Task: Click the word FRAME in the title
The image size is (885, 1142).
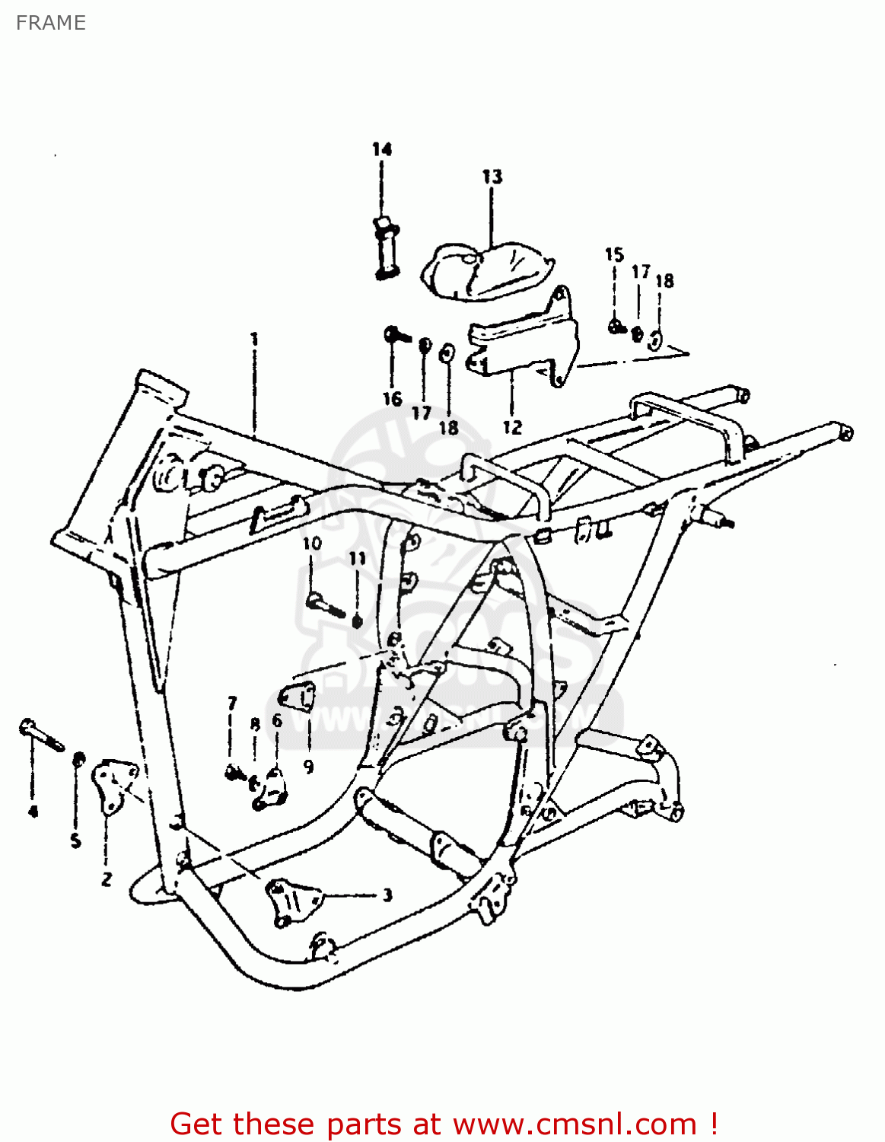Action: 50,23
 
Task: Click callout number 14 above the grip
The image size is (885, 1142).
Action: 382,149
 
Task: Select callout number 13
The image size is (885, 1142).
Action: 492,177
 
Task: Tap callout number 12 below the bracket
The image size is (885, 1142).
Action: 512,426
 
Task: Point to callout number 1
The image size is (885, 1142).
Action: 254,339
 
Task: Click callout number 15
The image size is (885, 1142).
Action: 614,255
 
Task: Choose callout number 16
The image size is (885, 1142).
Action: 392,398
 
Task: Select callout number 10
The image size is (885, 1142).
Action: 312,544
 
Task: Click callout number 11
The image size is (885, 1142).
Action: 358,559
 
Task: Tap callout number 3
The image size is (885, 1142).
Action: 387,895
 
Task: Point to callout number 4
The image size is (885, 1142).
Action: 33,812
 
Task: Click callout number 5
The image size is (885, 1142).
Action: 75,841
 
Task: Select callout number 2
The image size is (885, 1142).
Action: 107,879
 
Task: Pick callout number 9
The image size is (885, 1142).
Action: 308,766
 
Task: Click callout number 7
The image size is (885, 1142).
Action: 232,703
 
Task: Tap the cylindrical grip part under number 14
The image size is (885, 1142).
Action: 385,247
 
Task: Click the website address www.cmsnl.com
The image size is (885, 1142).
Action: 575,1124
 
